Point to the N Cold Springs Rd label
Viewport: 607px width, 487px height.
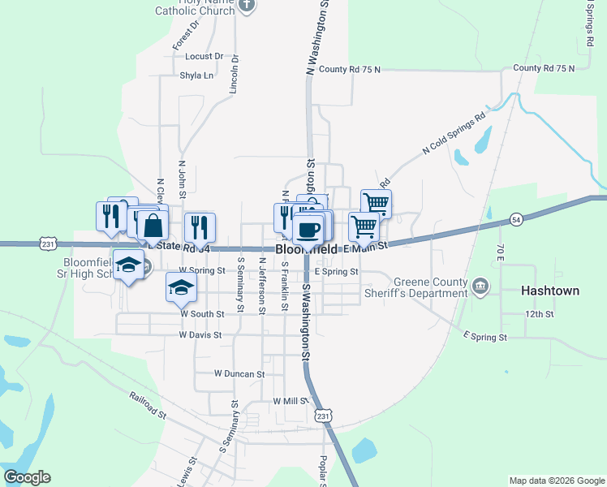tap(454, 134)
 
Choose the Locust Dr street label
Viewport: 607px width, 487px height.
tap(204, 56)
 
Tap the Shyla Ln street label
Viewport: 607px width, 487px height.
tap(196, 75)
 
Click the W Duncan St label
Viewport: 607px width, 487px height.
tap(239, 374)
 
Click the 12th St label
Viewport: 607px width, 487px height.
tap(539, 313)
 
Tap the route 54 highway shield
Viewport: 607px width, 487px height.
tap(516, 219)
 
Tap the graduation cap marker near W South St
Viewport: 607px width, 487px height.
tap(182, 287)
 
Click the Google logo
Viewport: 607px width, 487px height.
tap(27, 477)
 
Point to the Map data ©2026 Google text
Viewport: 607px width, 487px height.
tap(557, 481)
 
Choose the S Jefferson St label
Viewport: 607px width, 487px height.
tap(262, 281)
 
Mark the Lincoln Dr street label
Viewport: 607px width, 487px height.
tap(235, 75)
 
